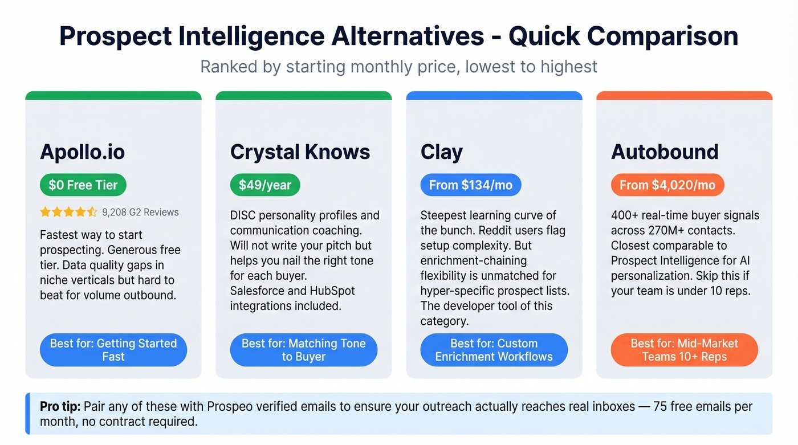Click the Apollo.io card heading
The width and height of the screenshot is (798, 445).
[x=82, y=152]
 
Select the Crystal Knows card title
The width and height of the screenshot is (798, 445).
[x=300, y=152]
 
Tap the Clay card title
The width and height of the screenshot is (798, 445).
[x=441, y=152]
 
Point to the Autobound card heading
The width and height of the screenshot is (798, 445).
[x=665, y=152]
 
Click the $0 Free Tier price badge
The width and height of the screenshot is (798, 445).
[x=83, y=185]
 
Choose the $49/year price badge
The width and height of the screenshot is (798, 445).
[x=265, y=185]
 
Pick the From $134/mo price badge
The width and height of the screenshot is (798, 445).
[x=471, y=185]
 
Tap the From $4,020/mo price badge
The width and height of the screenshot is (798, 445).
[x=667, y=185]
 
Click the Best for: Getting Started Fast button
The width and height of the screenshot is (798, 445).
[x=113, y=350]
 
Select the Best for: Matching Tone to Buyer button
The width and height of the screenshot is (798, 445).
[x=304, y=350]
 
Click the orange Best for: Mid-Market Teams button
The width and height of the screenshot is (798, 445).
[x=684, y=350]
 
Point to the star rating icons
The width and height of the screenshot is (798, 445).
[x=68, y=213]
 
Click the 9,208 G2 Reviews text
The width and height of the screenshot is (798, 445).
[x=140, y=213]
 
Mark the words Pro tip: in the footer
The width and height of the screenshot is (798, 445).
[x=60, y=407]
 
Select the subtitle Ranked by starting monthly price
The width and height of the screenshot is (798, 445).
[x=398, y=67]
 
